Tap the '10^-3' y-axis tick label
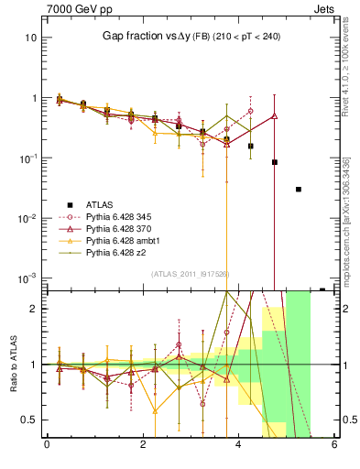pyautogui.click(x=27, y=278)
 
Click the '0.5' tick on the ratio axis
pyautogui.click(x=29, y=420)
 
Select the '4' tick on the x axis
pyautogui.click(x=238, y=445)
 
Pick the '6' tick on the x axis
pyautogui.click(x=334, y=445)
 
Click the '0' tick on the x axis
pyautogui.click(x=47, y=445)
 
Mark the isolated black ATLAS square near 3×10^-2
pyautogui.click(x=299, y=190)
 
